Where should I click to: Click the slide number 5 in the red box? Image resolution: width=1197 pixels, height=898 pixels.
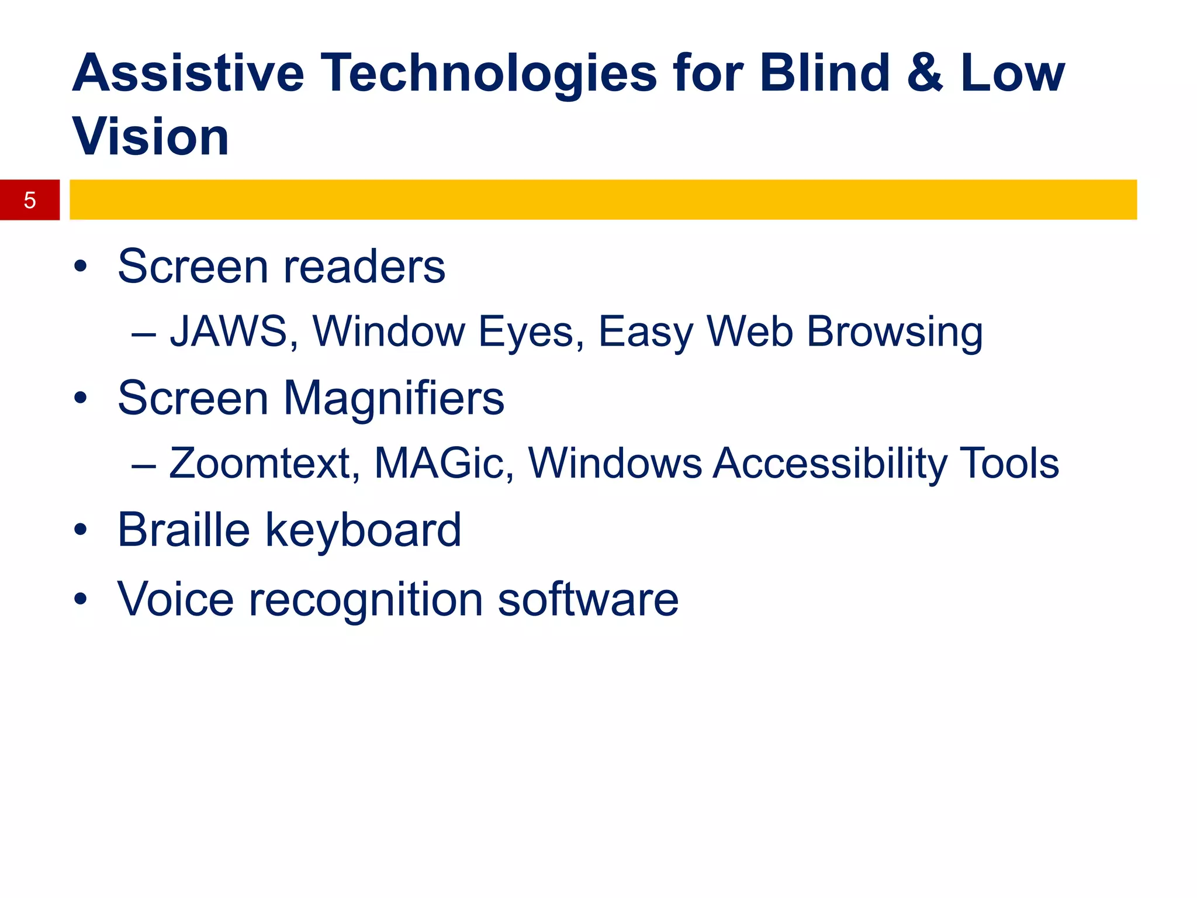pyautogui.click(x=30, y=201)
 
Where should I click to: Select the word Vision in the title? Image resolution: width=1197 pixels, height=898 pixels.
pyautogui.click(x=151, y=137)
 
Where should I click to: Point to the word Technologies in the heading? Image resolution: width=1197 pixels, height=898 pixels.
pyautogui.click(x=489, y=75)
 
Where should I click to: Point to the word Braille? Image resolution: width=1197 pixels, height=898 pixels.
pyautogui.click(x=184, y=530)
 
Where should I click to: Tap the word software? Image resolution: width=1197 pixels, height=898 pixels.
pyautogui.click(x=588, y=600)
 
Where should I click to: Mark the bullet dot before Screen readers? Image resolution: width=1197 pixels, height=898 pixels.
pyautogui.click(x=81, y=267)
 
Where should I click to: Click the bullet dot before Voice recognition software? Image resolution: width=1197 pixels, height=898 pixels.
pyautogui.click(x=81, y=599)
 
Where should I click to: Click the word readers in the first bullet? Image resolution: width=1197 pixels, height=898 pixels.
pyautogui.click(x=364, y=267)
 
